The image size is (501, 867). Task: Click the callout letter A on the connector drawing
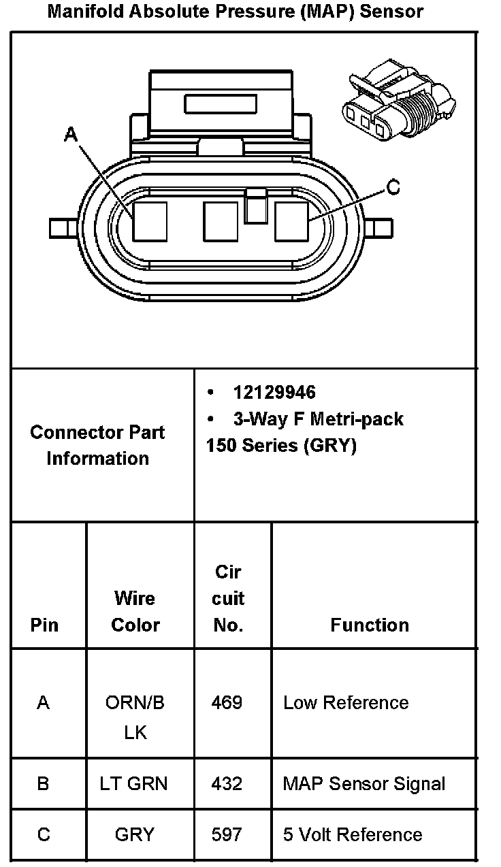click(x=71, y=135)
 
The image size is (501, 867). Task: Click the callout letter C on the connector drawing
click(x=393, y=187)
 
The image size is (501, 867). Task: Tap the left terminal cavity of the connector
click(x=150, y=221)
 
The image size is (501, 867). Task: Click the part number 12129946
click(x=274, y=393)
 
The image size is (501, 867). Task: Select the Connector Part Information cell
click(x=98, y=445)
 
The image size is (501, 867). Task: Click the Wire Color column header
click(x=135, y=611)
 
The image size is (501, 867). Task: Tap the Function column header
click(x=370, y=625)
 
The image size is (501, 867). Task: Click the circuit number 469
click(x=227, y=702)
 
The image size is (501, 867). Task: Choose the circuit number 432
click(x=227, y=783)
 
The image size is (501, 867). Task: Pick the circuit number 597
click(x=227, y=834)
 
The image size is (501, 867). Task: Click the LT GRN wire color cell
click(x=133, y=783)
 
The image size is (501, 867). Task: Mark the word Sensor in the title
click(x=393, y=12)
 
